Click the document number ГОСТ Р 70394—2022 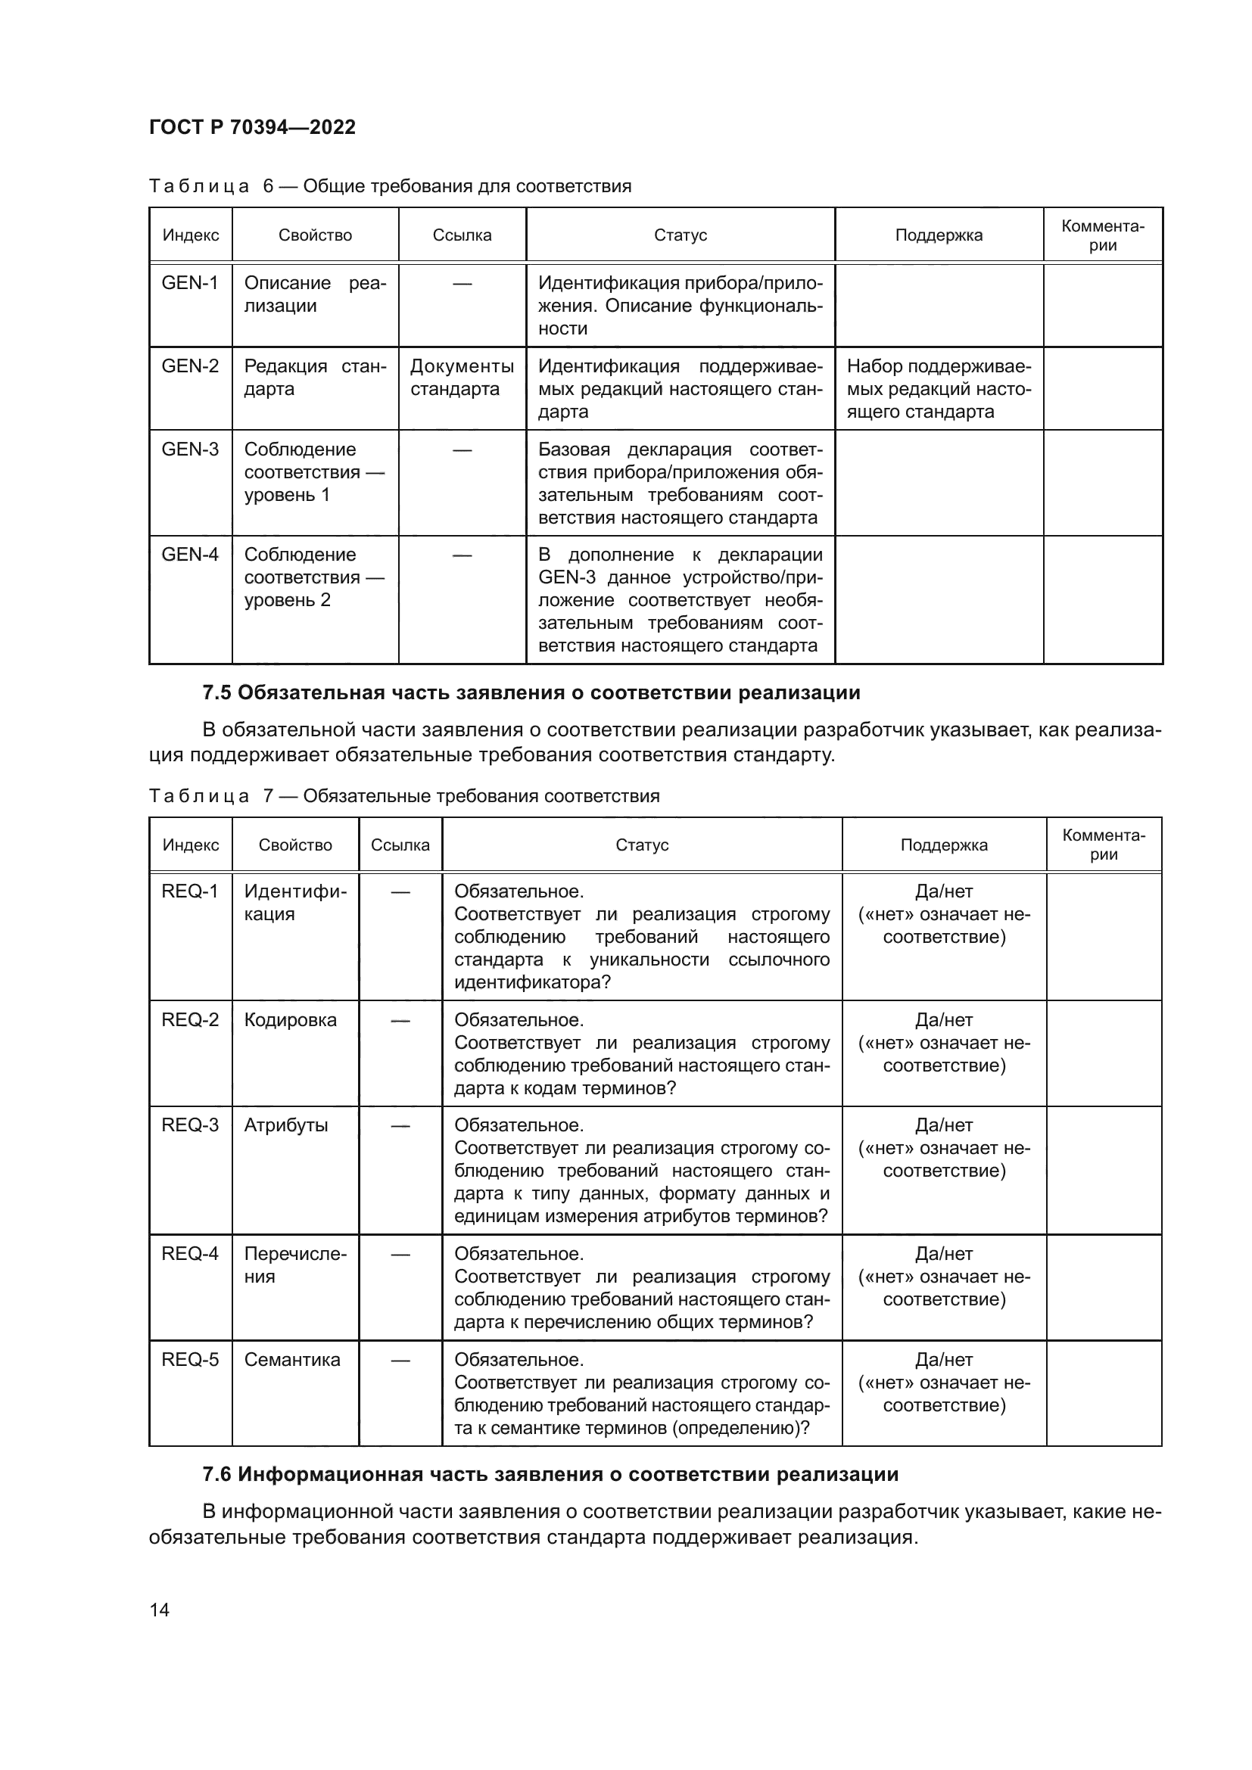(x=252, y=127)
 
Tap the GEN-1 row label (x=190, y=283)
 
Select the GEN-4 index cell (x=190, y=554)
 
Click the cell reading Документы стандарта (x=462, y=377)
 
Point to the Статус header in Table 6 (x=680, y=235)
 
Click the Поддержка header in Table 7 (x=944, y=845)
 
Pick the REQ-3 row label (x=190, y=1125)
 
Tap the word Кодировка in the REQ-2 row (x=290, y=1019)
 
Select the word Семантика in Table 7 (x=292, y=1359)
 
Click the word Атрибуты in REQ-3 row (x=286, y=1125)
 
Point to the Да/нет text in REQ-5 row (x=944, y=1359)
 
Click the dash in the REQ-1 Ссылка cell (x=400, y=892)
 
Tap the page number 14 (x=160, y=1609)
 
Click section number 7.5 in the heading (x=216, y=692)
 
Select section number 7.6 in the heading (x=216, y=1474)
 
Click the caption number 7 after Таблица (x=268, y=795)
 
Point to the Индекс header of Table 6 (x=191, y=235)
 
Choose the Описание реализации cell (x=315, y=294)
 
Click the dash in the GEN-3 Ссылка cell (x=462, y=449)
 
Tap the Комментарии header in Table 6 (x=1102, y=235)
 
